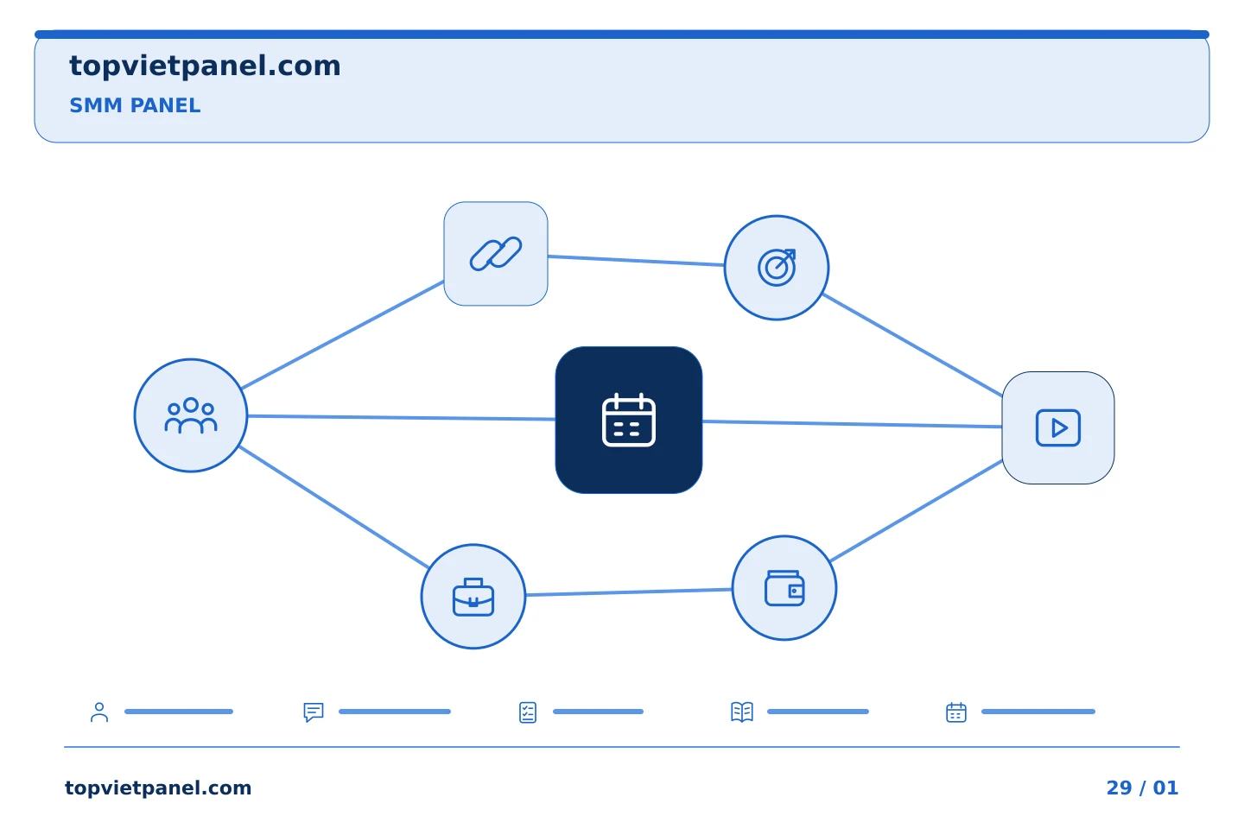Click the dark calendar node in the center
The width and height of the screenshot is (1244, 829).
point(629,420)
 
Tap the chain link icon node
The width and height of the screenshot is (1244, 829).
point(495,254)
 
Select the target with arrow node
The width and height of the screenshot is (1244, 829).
point(777,268)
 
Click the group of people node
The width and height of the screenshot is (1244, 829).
point(190,415)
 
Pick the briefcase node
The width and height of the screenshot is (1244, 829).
point(473,597)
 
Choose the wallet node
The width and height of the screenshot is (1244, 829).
point(784,588)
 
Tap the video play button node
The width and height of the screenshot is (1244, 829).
point(1058,427)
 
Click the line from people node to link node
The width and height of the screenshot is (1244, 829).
point(343,335)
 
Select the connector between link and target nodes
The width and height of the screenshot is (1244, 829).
point(636,261)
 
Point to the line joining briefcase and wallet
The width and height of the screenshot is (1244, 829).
point(629,592)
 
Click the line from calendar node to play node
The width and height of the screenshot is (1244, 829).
point(852,424)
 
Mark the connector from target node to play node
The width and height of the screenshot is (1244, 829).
point(912,345)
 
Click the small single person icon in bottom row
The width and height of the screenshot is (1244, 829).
point(99,712)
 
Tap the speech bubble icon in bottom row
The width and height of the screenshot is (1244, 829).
point(314,712)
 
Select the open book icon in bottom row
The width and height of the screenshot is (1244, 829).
point(742,712)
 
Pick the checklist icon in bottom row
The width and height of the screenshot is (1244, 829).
point(528,712)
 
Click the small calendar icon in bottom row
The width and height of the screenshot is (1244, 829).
point(955,712)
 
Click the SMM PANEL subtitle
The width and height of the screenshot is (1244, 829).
point(135,105)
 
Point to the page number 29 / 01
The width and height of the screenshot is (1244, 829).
point(1142,788)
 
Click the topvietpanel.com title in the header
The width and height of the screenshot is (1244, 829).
point(205,66)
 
